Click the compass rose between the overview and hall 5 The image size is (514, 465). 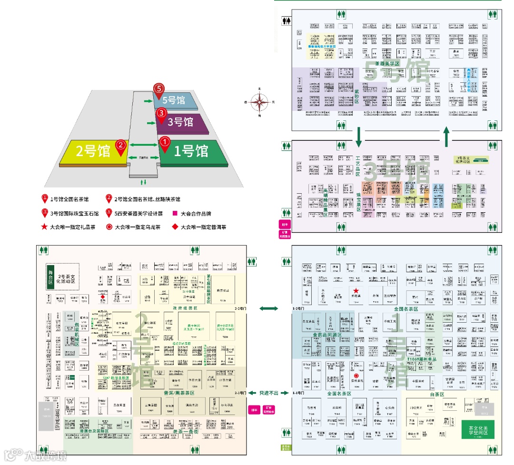click(x=259, y=102)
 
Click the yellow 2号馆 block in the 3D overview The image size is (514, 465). click(x=93, y=151)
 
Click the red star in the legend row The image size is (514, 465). click(x=45, y=227)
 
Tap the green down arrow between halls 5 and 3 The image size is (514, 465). click(x=359, y=137)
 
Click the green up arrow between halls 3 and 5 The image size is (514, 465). click(x=447, y=137)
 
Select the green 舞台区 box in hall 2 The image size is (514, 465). click(x=50, y=277)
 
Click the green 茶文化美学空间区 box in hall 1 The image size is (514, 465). click(x=477, y=429)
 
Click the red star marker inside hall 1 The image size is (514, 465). click(x=356, y=290)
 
